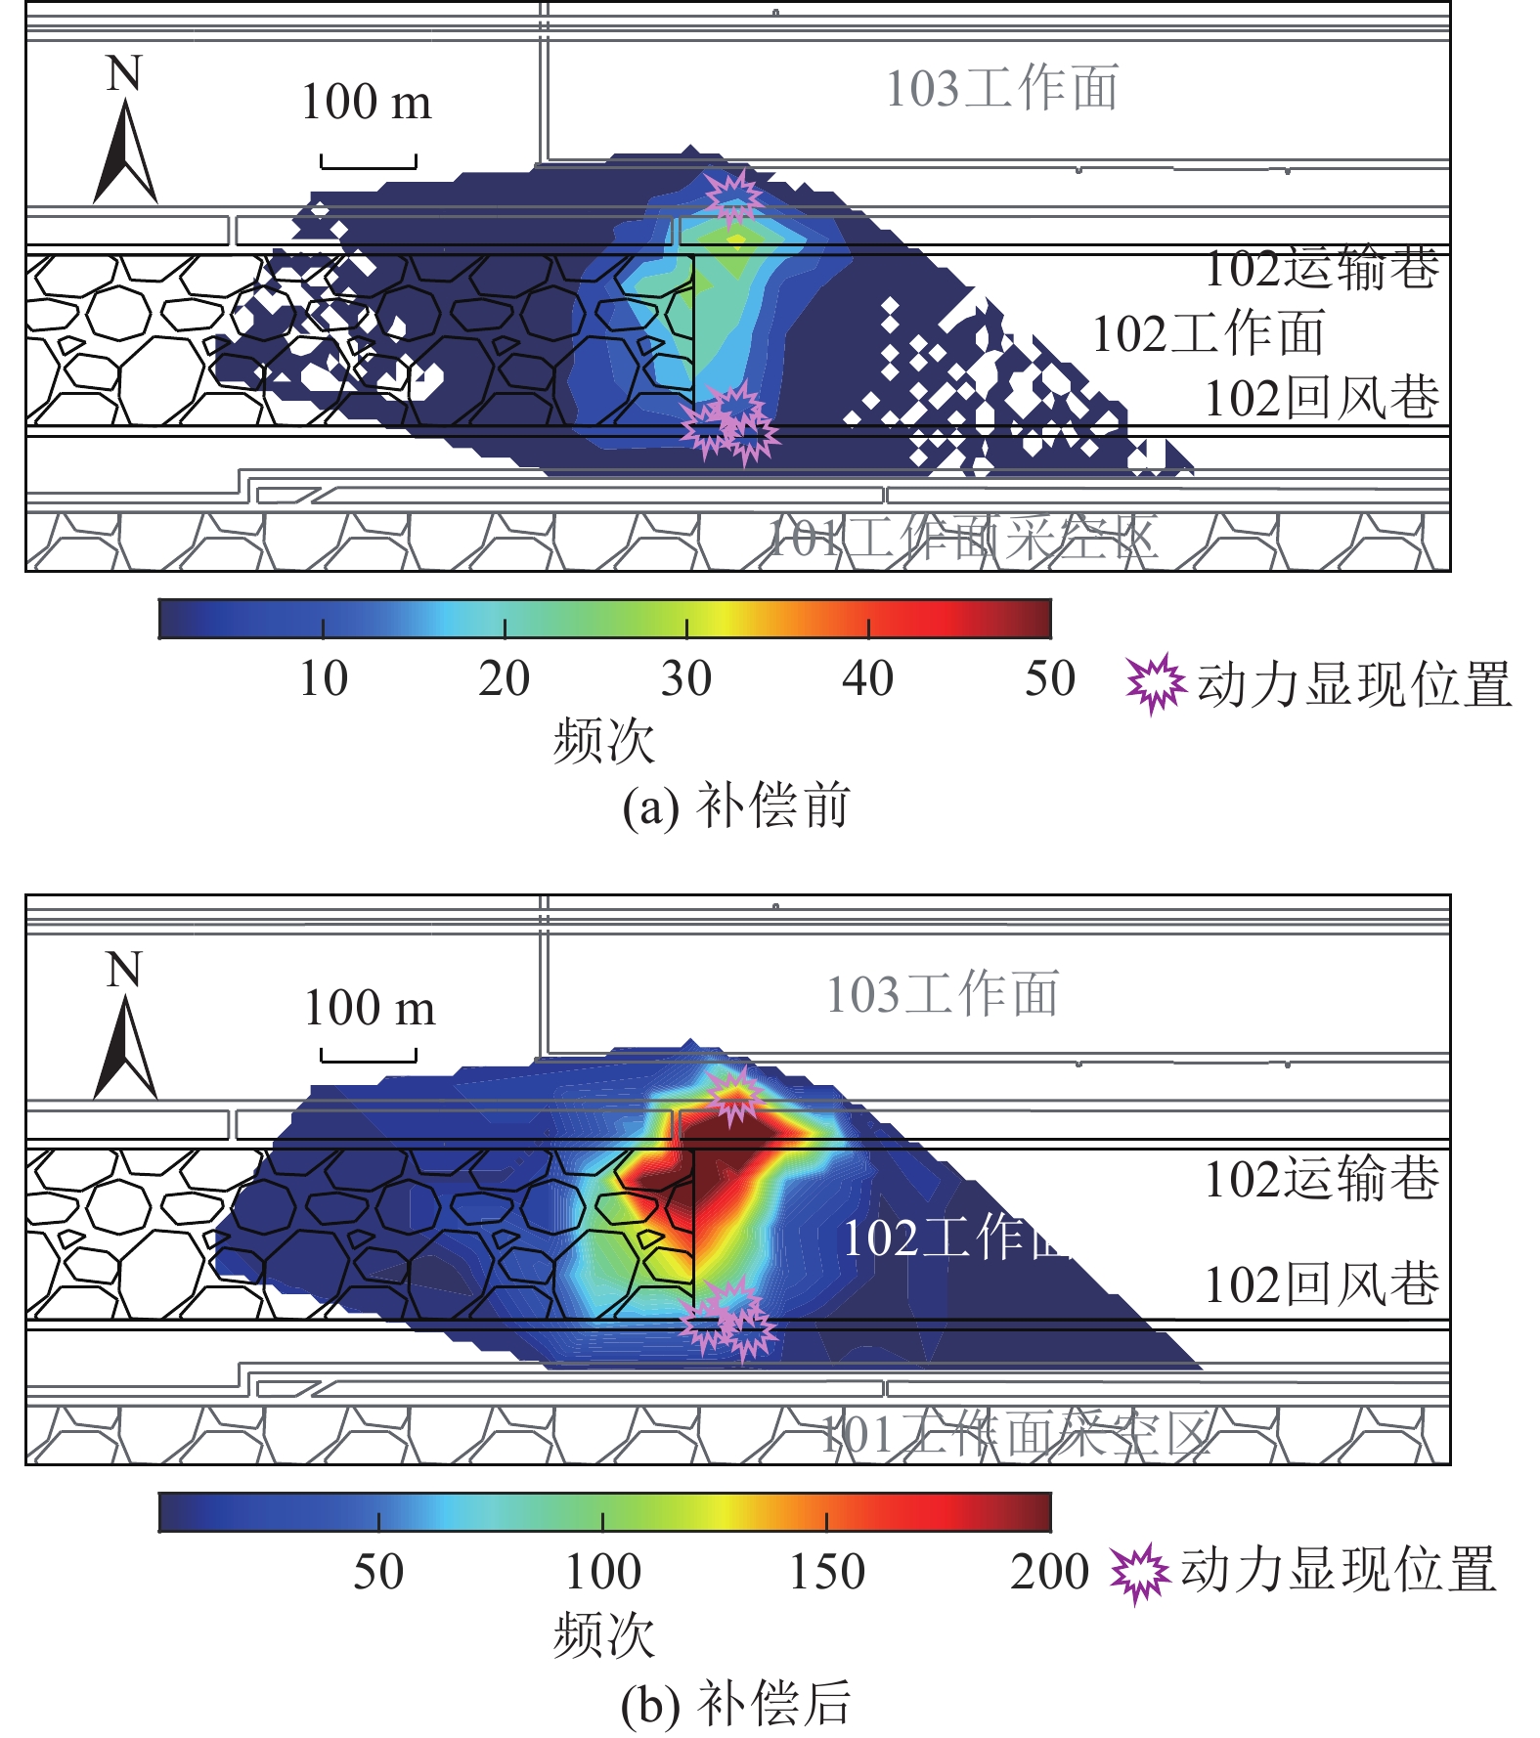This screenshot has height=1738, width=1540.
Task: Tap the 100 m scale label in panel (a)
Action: click(366, 102)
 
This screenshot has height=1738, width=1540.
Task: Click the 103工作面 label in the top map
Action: click(1001, 88)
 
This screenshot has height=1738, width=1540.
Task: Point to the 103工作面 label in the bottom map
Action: click(943, 994)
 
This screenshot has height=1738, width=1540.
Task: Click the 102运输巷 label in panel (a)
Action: click(1321, 269)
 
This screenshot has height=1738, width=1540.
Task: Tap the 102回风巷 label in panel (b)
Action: click(1321, 1283)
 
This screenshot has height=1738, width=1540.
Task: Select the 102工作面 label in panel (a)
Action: click(1208, 333)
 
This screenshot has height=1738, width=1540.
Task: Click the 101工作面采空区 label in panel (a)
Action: click(962, 538)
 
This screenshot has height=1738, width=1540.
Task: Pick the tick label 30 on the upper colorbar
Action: click(685, 678)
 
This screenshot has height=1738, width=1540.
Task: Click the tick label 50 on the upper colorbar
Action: click(1049, 678)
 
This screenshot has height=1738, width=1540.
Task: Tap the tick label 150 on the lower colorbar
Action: click(827, 1573)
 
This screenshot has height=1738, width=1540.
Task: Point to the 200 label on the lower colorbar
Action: click(1049, 1573)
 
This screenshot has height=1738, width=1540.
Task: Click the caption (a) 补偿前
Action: click(736, 806)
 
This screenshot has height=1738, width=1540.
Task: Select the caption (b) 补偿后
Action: click(736, 1703)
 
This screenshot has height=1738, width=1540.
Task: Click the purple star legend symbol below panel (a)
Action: click(1155, 684)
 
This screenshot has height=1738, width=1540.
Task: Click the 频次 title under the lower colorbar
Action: click(603, 1634)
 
